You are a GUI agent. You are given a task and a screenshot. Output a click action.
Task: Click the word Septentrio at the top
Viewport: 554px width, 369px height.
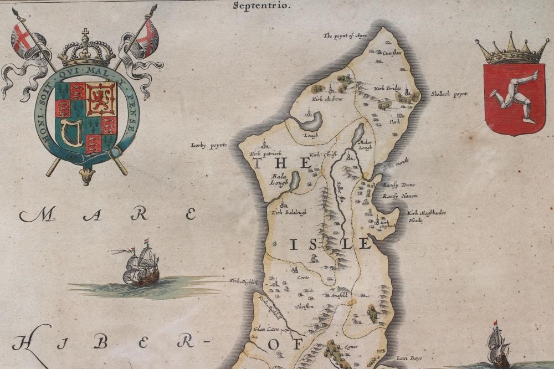coord(261,6)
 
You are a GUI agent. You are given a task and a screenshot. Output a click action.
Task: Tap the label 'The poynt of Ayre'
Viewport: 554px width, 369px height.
coord(345,36)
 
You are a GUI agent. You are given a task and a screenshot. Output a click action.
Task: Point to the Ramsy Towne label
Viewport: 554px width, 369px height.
coord(399,185)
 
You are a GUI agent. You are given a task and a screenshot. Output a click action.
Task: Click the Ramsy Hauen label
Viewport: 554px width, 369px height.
coord(399,196)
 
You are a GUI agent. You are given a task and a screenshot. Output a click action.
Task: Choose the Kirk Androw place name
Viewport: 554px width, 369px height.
coord(327,99)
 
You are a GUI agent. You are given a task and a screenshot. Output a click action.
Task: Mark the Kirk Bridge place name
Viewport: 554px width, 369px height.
coord(388,88)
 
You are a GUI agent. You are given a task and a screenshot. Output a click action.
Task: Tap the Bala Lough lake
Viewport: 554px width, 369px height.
coord(294,180)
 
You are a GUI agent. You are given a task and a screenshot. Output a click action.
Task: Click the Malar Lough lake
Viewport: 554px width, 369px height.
coord(358,134)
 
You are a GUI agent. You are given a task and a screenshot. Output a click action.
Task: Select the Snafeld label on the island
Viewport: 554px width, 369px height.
coord(339,295)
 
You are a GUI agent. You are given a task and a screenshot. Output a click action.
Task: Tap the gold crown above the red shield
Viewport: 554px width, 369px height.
coord(511,50)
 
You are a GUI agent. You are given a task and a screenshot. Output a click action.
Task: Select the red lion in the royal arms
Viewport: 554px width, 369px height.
coord(100,99)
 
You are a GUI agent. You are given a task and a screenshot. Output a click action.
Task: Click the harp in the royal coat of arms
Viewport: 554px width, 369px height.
coord(71,133)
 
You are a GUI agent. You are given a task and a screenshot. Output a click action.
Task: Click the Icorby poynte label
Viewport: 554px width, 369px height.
coord(209,146)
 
